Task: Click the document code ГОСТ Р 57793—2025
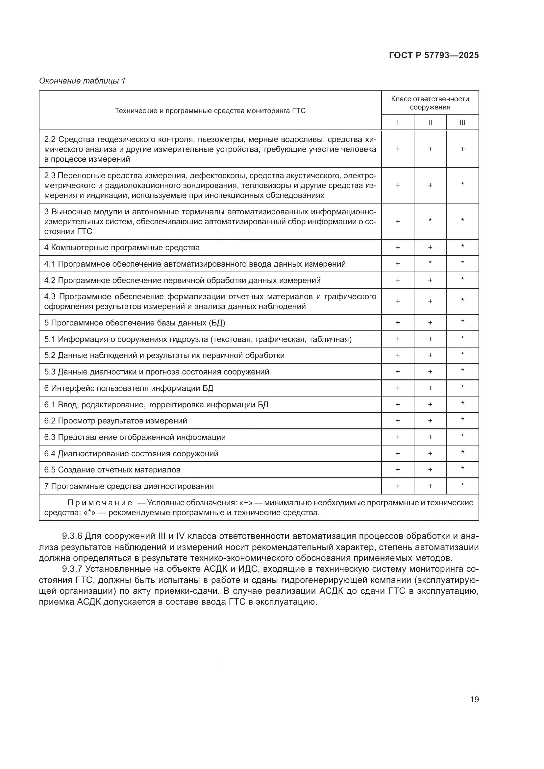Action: point(434,55)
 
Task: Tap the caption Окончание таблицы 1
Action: point(82,81)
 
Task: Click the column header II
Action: point(430,123)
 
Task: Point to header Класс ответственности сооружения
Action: point(430,103)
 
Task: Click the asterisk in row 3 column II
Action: point(430,220)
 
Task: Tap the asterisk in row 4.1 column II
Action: point(430,263)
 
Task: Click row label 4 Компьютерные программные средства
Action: point(122,248)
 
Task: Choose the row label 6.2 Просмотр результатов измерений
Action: point(115,421)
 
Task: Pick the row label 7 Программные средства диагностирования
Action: point(129,486)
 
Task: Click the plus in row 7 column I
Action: point(398,486)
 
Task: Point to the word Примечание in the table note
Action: point(99,503)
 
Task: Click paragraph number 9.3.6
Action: point(72,536)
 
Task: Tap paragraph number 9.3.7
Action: point(72,569)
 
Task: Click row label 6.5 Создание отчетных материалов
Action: point(112,469)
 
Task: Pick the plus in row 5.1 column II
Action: point(430,339)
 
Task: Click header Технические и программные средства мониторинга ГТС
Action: point(210,111)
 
